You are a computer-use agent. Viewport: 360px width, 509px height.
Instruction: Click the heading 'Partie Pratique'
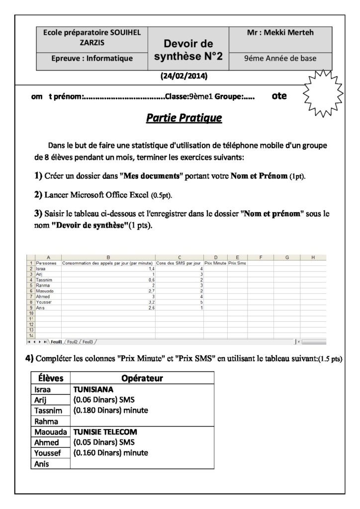[184, 118]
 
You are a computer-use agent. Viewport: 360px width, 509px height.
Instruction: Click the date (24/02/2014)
[184, 76]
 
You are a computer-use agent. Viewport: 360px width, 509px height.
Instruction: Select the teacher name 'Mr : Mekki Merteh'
[280, 33]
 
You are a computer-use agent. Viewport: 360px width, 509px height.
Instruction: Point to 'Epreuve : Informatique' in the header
[92, 59]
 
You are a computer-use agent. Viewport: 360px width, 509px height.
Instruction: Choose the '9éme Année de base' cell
[280, 59]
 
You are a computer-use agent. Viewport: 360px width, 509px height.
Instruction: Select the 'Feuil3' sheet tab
[89, 341]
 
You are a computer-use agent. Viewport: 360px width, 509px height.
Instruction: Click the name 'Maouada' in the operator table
[47, 431]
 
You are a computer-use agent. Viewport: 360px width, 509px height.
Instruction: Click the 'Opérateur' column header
[142, 378]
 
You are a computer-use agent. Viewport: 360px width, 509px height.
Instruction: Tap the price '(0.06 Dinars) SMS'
[103, 401]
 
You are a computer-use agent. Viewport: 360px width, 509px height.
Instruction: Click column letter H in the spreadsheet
[313, 257]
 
